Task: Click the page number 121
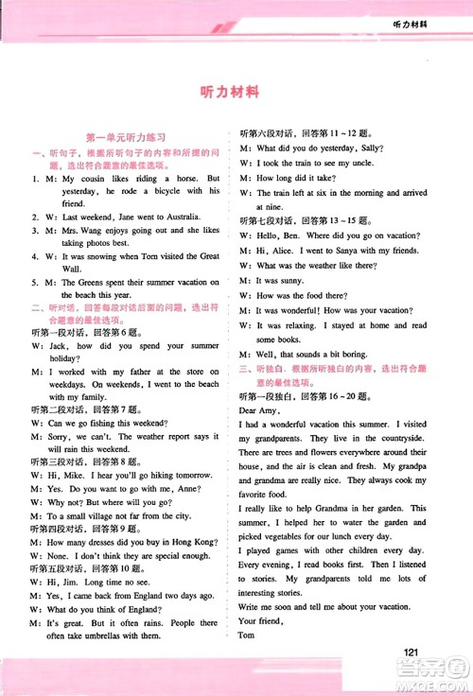click(410, 652)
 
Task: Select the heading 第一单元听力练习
click(126, 138)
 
